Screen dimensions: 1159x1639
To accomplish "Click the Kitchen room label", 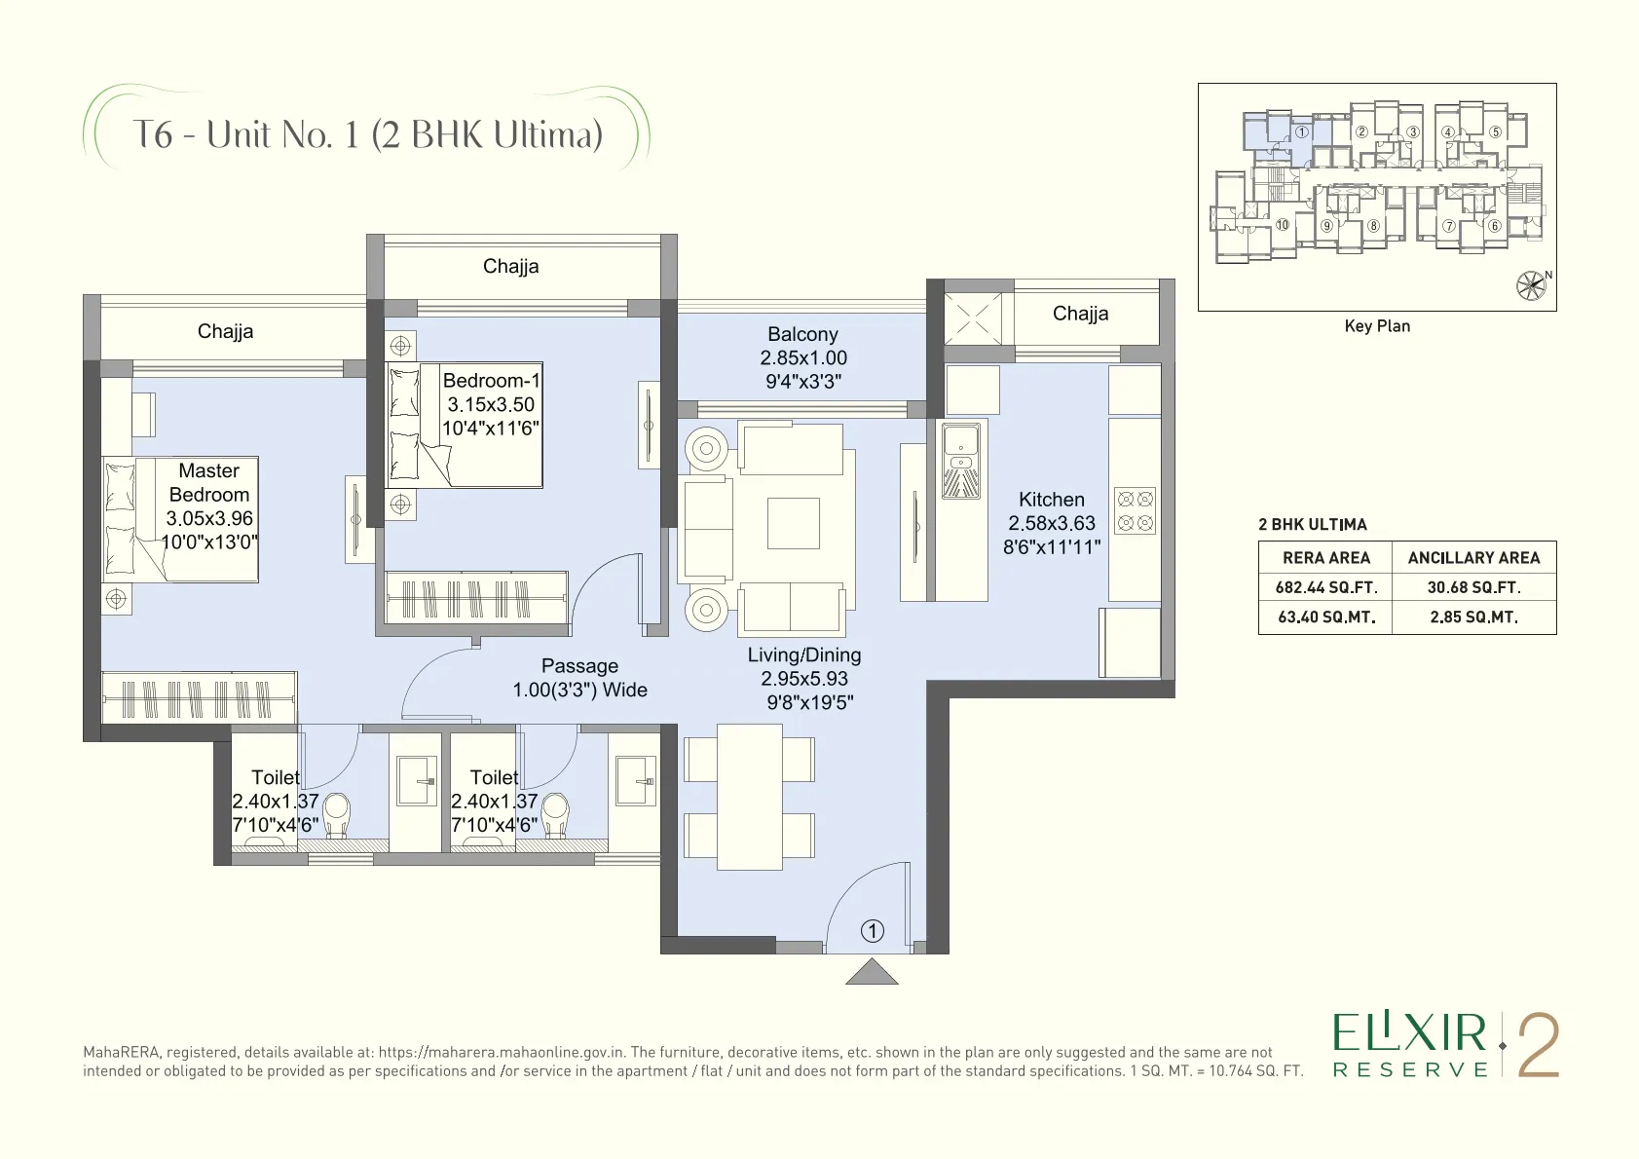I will (x=1051, y=500).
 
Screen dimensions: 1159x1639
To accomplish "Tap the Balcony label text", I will (x=802, y=334).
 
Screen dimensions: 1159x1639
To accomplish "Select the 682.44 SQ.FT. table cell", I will (x=1326, y=587).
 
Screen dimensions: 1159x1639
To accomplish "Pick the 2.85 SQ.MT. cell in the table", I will (x=1473, y=617).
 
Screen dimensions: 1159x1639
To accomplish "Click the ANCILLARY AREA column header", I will (x=1473, y=558).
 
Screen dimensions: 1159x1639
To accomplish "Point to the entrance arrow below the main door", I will (x=872, y=973).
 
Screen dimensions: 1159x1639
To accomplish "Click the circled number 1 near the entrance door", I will (x=873, y=931).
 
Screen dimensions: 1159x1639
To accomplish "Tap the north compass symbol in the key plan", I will (x=1531, y=285).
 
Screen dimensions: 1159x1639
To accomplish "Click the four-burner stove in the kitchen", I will (x=1135, y=510).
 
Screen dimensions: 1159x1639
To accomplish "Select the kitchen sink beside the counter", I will (x=961, y=462).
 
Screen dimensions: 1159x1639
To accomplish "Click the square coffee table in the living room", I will (x=793, y=523).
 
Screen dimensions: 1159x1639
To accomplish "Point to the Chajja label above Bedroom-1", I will (x=510, y=267).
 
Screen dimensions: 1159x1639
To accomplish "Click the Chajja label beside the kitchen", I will (x=1080, y=314).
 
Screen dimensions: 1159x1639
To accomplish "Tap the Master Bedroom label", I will (x=209, y=482).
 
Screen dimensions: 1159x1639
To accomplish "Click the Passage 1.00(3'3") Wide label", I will (x=580, y=678).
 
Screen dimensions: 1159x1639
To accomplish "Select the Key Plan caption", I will (x=1377, y=326).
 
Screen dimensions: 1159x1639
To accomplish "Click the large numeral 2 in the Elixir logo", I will (x=1538, y=1046).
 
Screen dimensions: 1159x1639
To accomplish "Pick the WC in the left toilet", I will (x=336, y=815).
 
